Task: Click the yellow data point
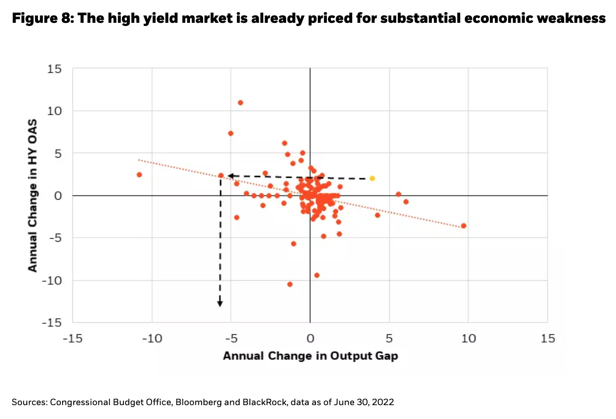[372, 179]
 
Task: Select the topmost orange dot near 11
[240, 103]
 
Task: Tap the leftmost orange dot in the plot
[139, 175]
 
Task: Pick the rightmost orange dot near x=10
[464, 226]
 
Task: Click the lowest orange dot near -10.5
[290, 284]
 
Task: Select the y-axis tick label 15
[54, 69]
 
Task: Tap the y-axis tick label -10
[51, 281]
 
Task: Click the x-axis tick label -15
[72, 338]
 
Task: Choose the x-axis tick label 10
[468, 338]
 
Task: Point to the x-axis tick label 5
[389, 338]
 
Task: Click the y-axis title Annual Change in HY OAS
[33, 195]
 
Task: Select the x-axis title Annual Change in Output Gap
[310, 356]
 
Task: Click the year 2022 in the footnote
[384, 402]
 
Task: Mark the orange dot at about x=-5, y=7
[231, 133]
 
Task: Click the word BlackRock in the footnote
[265, 402]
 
